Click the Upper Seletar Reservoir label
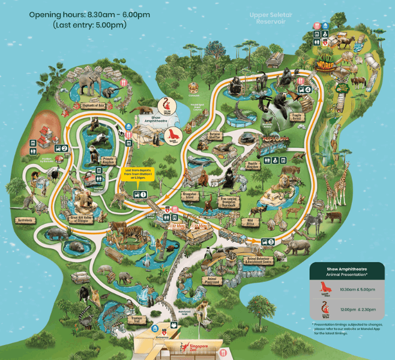(270, 18)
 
